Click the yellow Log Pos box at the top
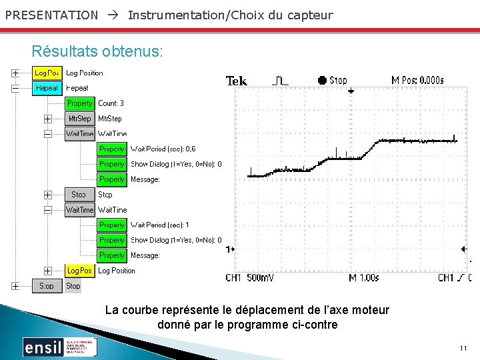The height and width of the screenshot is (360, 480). pos(47,73)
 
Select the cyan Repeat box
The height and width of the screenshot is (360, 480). pos(47,88)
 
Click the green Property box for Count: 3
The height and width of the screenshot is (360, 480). pos(79,103)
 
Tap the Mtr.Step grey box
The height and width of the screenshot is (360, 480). pos(79,119)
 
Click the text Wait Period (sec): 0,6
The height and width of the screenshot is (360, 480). pos(163,149)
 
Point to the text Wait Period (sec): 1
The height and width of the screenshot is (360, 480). pos(160,225)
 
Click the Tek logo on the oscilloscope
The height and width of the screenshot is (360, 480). pos(237,81)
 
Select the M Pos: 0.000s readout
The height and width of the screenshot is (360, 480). pos(417,80)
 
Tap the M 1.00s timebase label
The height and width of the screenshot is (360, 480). pos(365,277)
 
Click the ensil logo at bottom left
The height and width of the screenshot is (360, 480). pos(43,347)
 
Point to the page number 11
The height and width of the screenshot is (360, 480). pos(463,349)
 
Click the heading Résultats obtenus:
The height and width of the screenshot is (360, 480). pos(97,51)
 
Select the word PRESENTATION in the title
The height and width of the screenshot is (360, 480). pos(51,15)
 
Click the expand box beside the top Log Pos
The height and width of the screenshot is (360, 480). pos(15,73)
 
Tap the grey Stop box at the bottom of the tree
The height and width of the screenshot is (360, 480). pos(47,286)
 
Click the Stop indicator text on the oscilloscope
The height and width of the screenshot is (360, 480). pos(338,80)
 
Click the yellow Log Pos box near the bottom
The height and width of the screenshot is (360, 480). pos(79,271)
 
